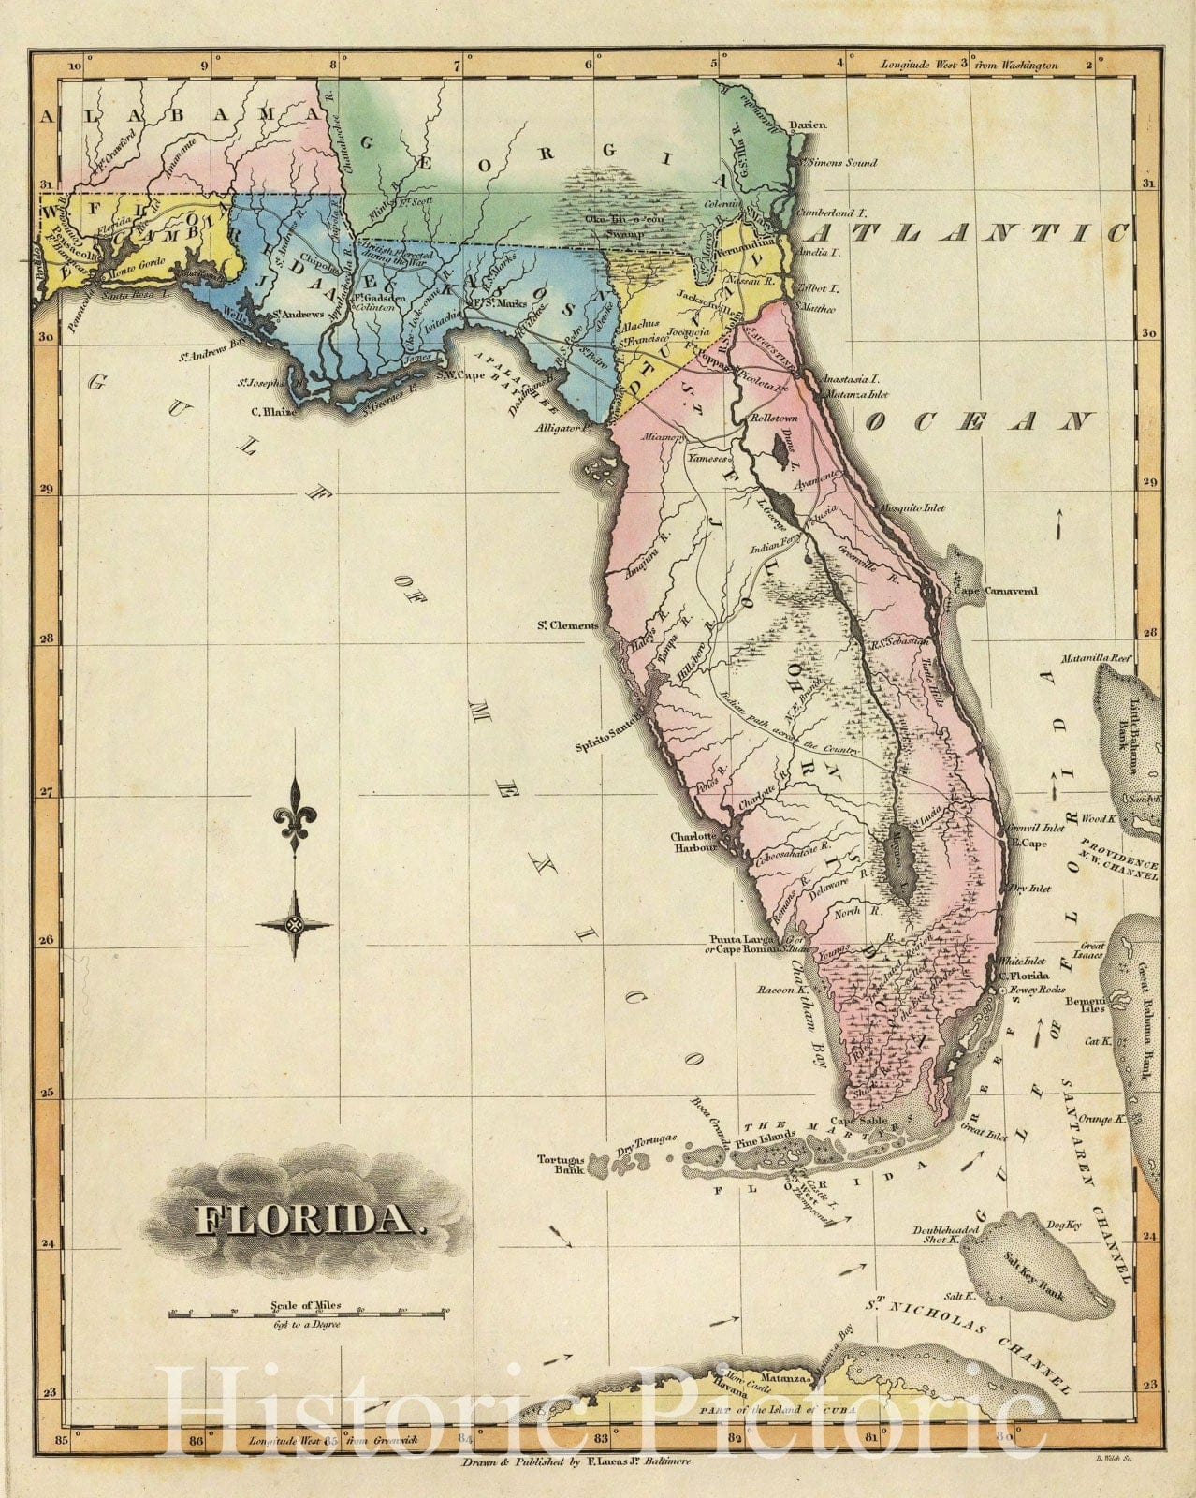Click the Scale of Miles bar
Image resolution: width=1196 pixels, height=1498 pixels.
coord(307,1315)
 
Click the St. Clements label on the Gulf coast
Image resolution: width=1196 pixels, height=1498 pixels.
coord(567,625)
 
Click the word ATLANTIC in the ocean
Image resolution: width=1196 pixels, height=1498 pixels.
coord(970,232)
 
